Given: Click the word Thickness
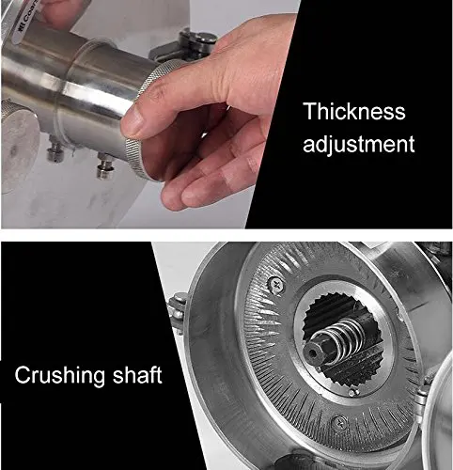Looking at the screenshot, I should click(354, 112).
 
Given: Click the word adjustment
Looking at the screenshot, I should click(358, 144).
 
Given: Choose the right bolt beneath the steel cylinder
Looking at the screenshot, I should click(105, 166).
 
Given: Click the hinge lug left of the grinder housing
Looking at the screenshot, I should click(178, 309).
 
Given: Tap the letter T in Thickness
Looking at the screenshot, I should click(310, 112).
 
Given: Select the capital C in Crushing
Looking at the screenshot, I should click(22, 375).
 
